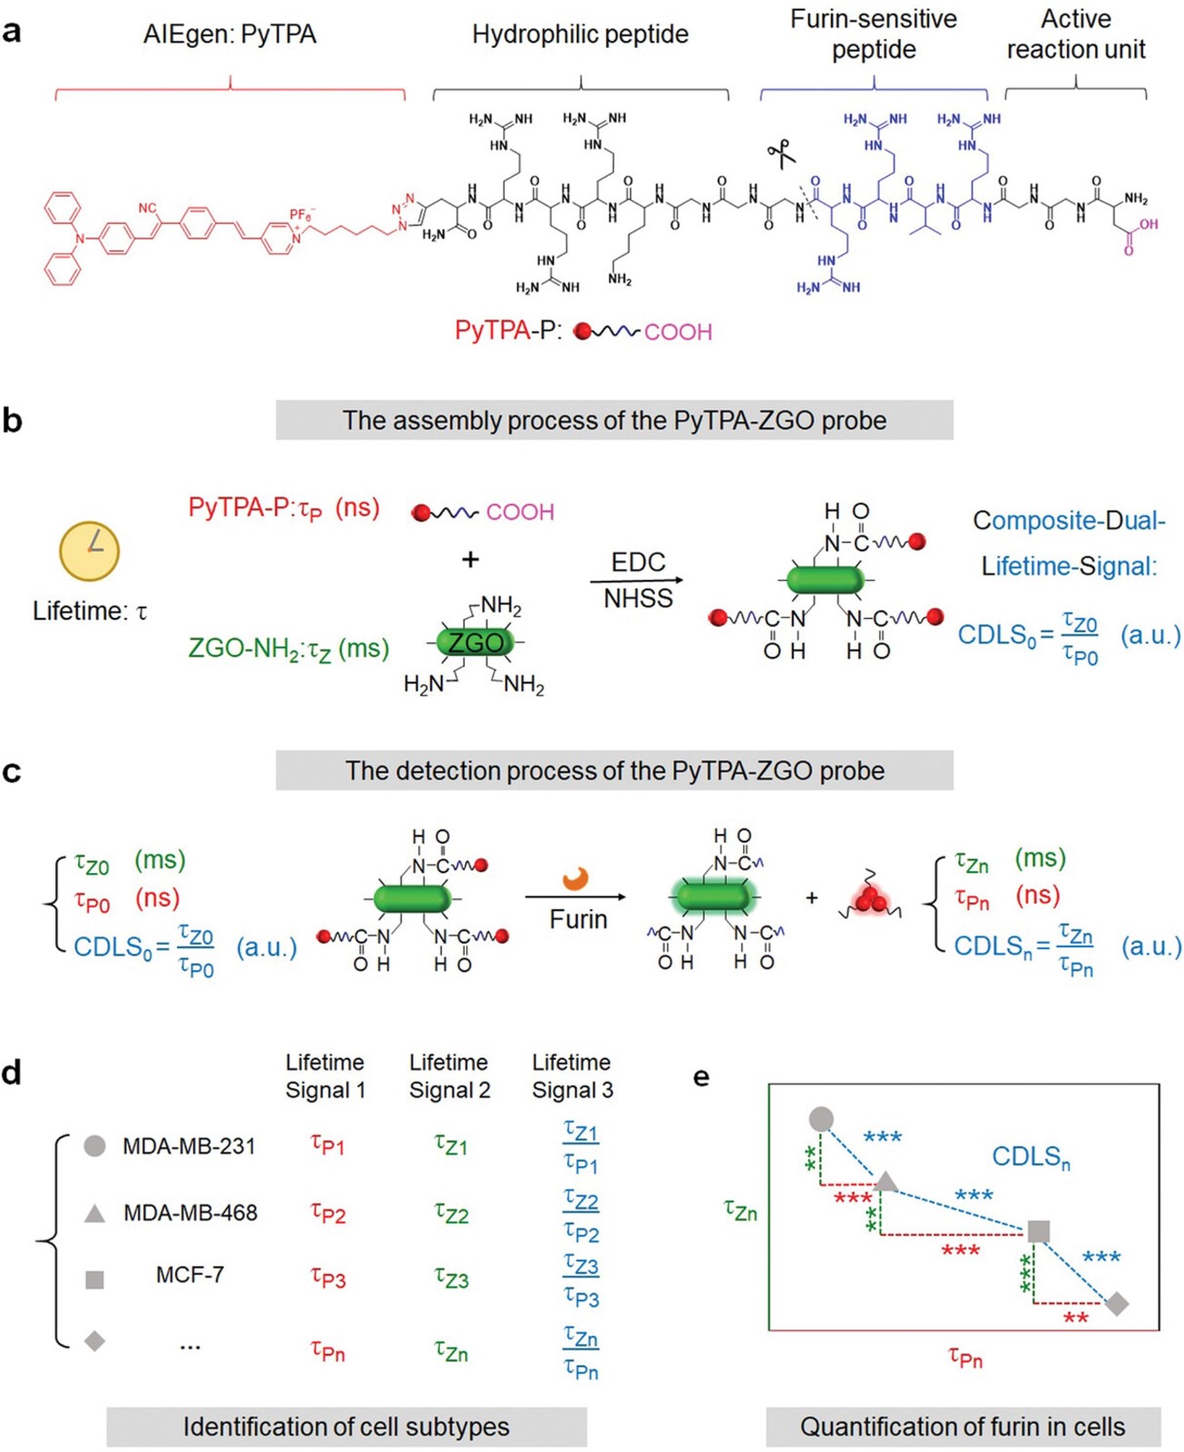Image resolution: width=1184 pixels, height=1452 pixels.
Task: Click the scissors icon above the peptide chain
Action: coord(780,152)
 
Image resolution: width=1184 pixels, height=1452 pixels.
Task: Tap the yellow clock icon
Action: coord(90,550)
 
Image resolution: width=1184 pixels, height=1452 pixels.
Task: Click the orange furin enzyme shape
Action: coord(575,878)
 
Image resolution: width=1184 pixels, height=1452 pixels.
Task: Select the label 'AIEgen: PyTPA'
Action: coord(230,34)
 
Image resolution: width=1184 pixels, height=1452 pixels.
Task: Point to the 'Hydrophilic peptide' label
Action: coord(581,34)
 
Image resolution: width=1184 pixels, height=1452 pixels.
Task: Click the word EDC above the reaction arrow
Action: coord(638,563)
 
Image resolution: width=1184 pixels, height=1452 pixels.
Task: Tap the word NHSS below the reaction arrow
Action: coord(638,598)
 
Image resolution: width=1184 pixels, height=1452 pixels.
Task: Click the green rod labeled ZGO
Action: coord(475,643)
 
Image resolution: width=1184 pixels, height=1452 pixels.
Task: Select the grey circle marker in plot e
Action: coord(820,1119)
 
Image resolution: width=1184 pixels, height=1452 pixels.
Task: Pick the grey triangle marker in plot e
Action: coord(886,1182)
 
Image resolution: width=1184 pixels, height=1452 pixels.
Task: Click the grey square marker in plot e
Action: coord(1038,1231)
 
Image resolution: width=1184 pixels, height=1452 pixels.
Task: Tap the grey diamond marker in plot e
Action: coord(1117,1303)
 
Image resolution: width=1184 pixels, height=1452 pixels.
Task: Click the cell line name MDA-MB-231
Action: coord(190,1146)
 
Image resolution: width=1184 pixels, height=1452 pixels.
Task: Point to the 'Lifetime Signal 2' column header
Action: coord(449,1076)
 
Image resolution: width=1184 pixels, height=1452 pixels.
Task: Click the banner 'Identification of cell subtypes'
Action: coord(347,1427)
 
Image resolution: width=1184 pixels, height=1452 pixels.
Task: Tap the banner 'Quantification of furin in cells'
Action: coord(963,1427)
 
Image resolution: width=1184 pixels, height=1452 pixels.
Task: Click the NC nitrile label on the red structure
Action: coord(147,208)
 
